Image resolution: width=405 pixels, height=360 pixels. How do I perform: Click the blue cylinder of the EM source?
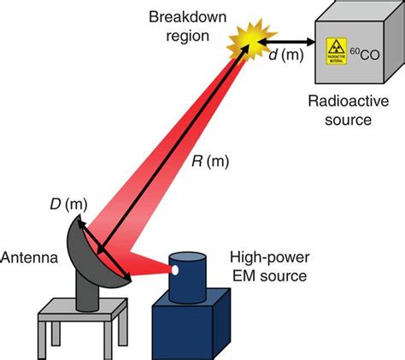point(189,278)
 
